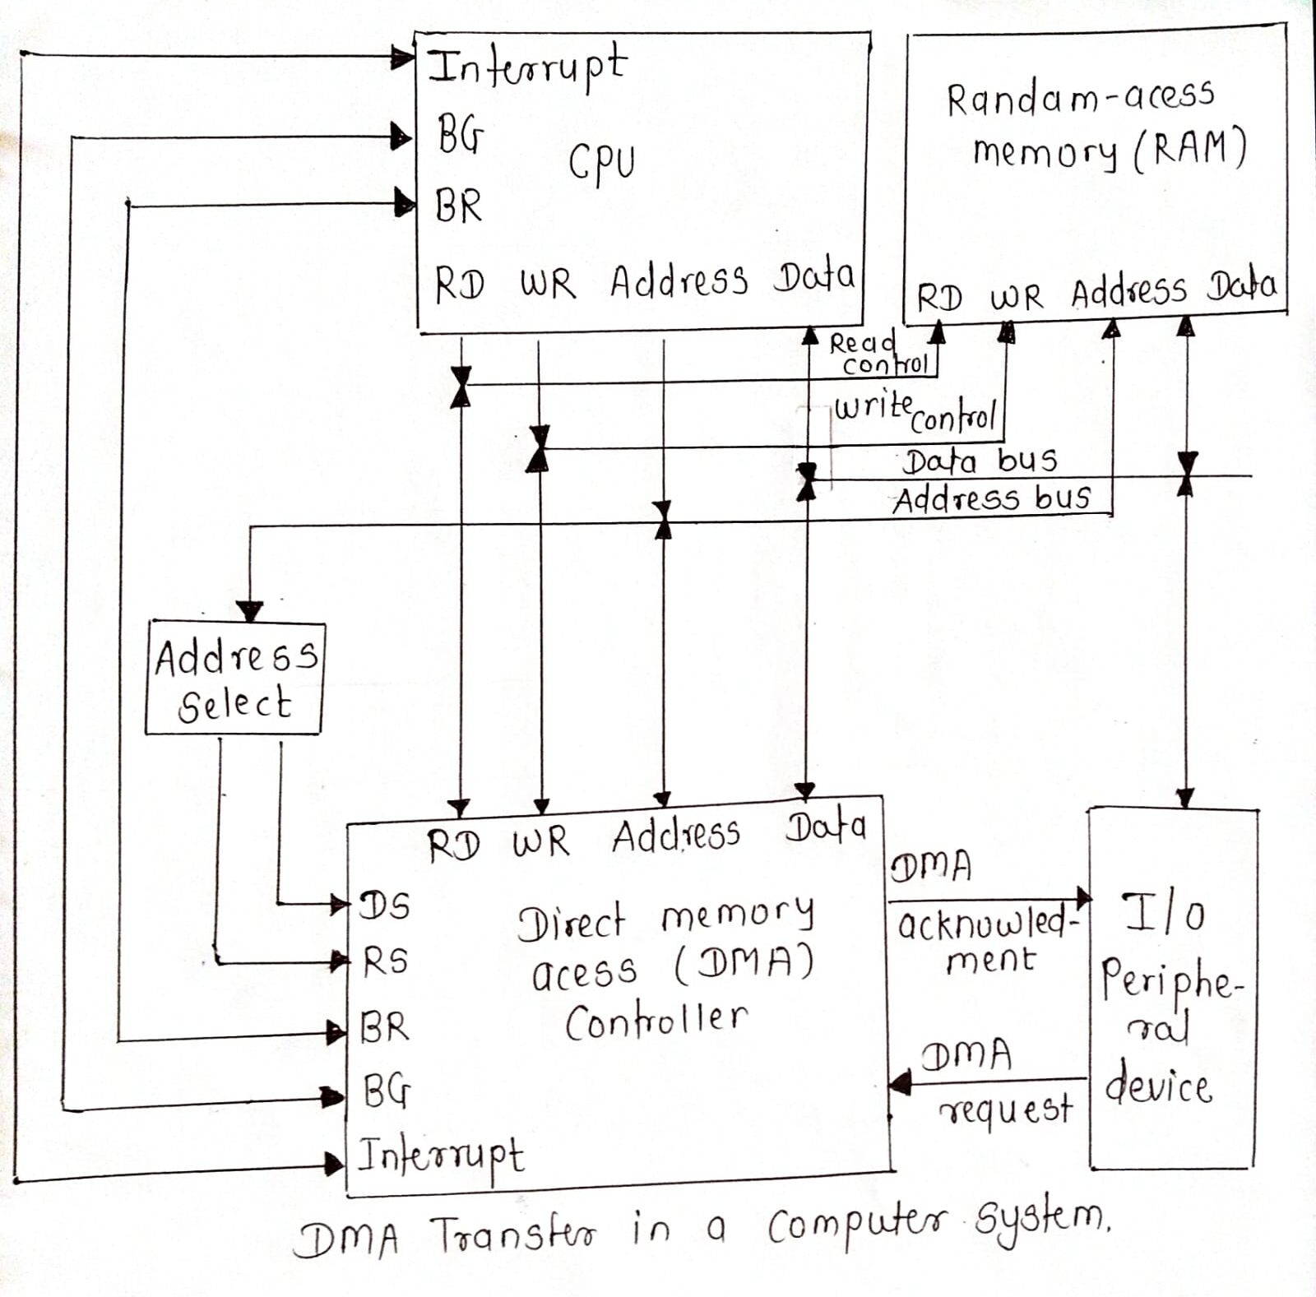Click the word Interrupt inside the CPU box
[x=526, y=66]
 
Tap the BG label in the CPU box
[x=460, y=134]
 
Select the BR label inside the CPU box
[x=458, y=205]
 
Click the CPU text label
[x=601, y=161]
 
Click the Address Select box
[x=235, y=679]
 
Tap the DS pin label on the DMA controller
[x=384, y=906]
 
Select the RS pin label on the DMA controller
[x=386, y=961]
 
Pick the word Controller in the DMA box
[x=656, y=1021]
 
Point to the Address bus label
[x=991, y=498]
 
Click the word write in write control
[x=872, y=406]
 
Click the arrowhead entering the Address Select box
[x=249, y=610]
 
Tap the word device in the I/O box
[x=1158, y=1087]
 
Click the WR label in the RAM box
[x=1016, y=297]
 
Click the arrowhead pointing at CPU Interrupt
[x=402, y=58]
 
